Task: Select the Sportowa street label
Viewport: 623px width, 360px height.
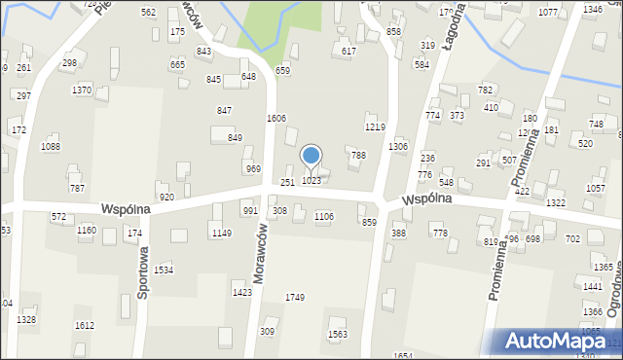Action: [143, 272]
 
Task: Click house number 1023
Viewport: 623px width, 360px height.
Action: [311, 181]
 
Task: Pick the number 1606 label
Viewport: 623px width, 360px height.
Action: [276, 118]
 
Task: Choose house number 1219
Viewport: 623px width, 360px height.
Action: [375, 127]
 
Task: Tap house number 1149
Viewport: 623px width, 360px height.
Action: [222, 234]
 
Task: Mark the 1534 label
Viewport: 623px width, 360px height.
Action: [164, 270]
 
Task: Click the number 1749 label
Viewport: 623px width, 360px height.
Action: [295, 297]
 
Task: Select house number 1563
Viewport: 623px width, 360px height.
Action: [338, 334]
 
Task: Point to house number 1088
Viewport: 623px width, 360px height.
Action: [51, 147]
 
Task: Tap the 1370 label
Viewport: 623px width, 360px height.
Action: [82, 90]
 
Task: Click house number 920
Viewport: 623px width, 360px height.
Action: [166, 198]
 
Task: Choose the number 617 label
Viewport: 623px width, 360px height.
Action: [349, 51]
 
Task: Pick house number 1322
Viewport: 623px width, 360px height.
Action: [556, 202]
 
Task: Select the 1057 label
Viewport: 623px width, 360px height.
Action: [596, 188]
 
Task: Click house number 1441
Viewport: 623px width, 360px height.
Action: [593, 286]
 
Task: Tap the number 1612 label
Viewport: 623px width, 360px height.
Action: [85, 326]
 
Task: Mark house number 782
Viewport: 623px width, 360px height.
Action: [486, 90]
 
